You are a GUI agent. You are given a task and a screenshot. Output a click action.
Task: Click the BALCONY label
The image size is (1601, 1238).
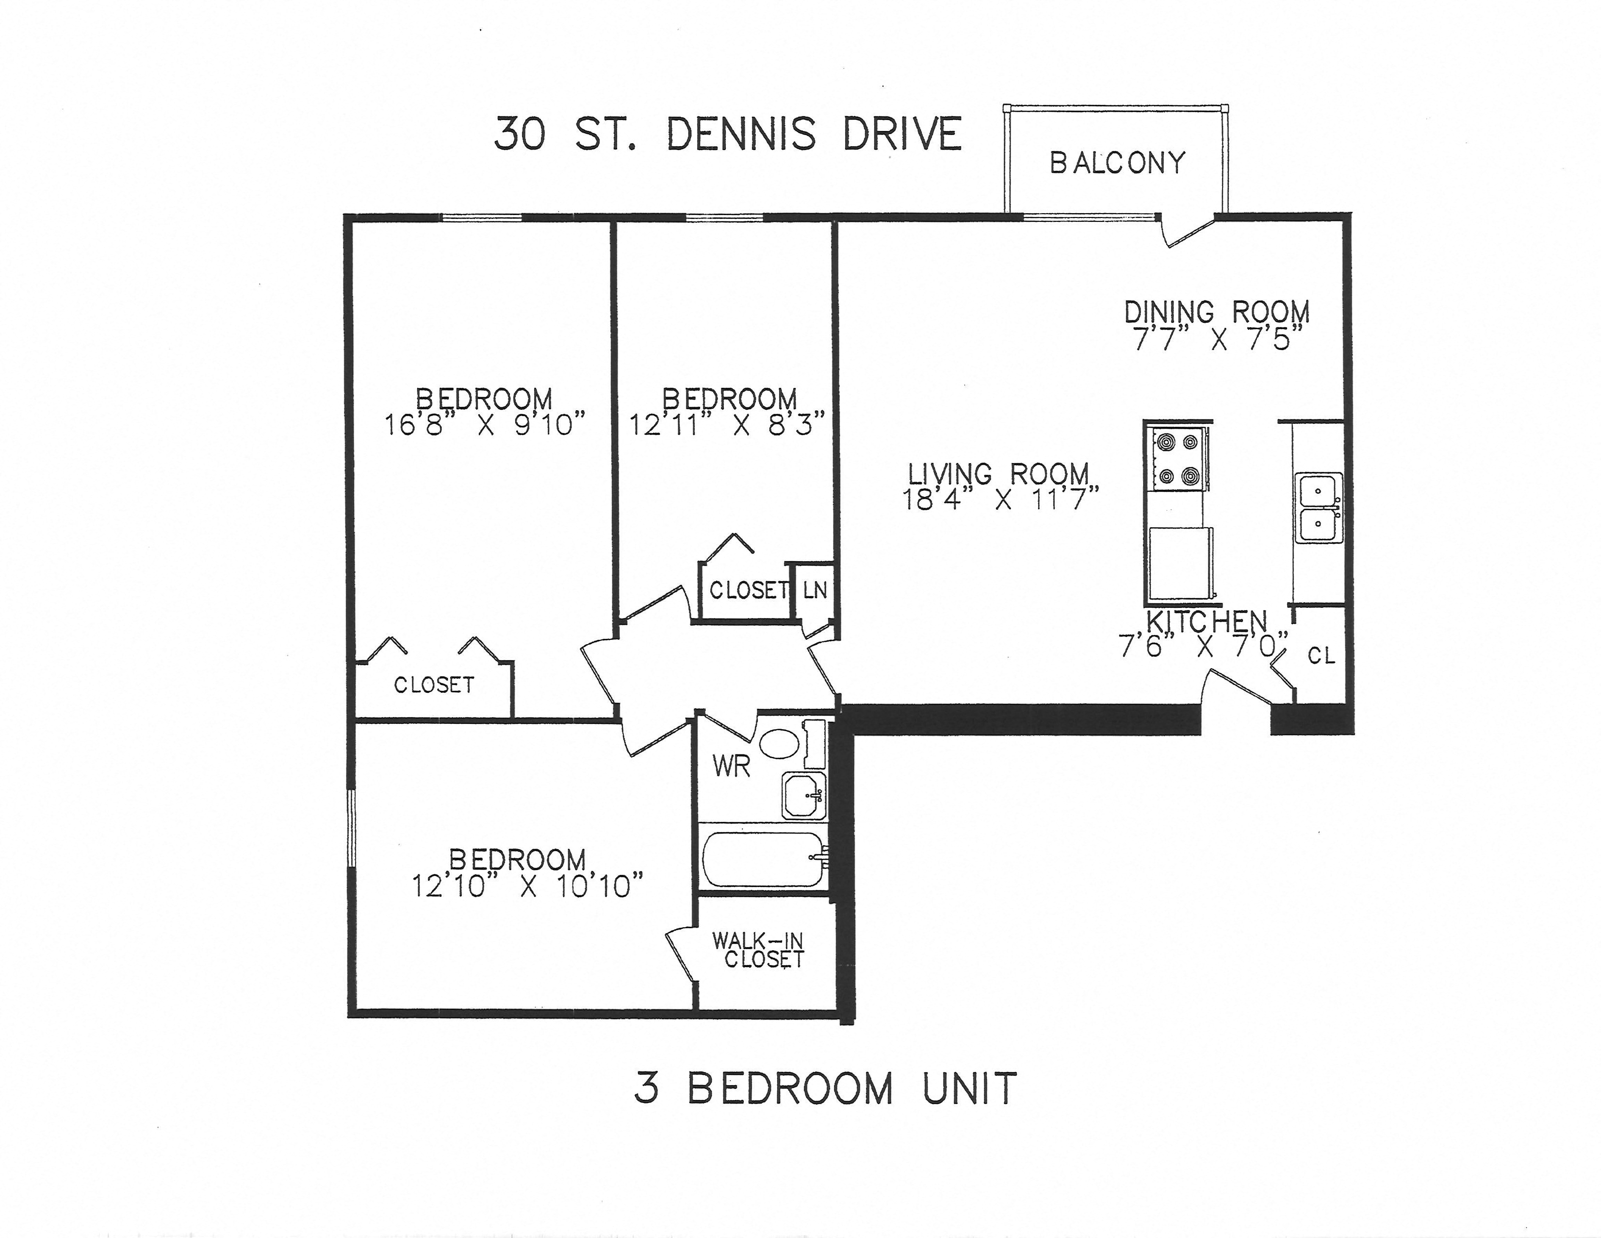(1117, 163)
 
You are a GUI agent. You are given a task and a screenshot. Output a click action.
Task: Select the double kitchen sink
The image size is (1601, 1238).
(1318, 507)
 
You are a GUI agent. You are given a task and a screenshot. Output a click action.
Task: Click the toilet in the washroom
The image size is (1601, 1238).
(779, 743)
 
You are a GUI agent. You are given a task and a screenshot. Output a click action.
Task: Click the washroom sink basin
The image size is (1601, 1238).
(803, 794)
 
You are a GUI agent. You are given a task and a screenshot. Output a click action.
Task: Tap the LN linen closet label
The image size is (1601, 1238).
(815, 590)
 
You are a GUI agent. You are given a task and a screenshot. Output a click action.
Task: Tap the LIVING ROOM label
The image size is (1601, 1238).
(998, 474)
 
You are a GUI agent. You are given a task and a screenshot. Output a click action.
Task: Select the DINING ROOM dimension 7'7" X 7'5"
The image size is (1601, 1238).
(1218, 339)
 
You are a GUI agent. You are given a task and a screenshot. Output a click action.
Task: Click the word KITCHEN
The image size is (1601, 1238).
(1206, 622)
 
